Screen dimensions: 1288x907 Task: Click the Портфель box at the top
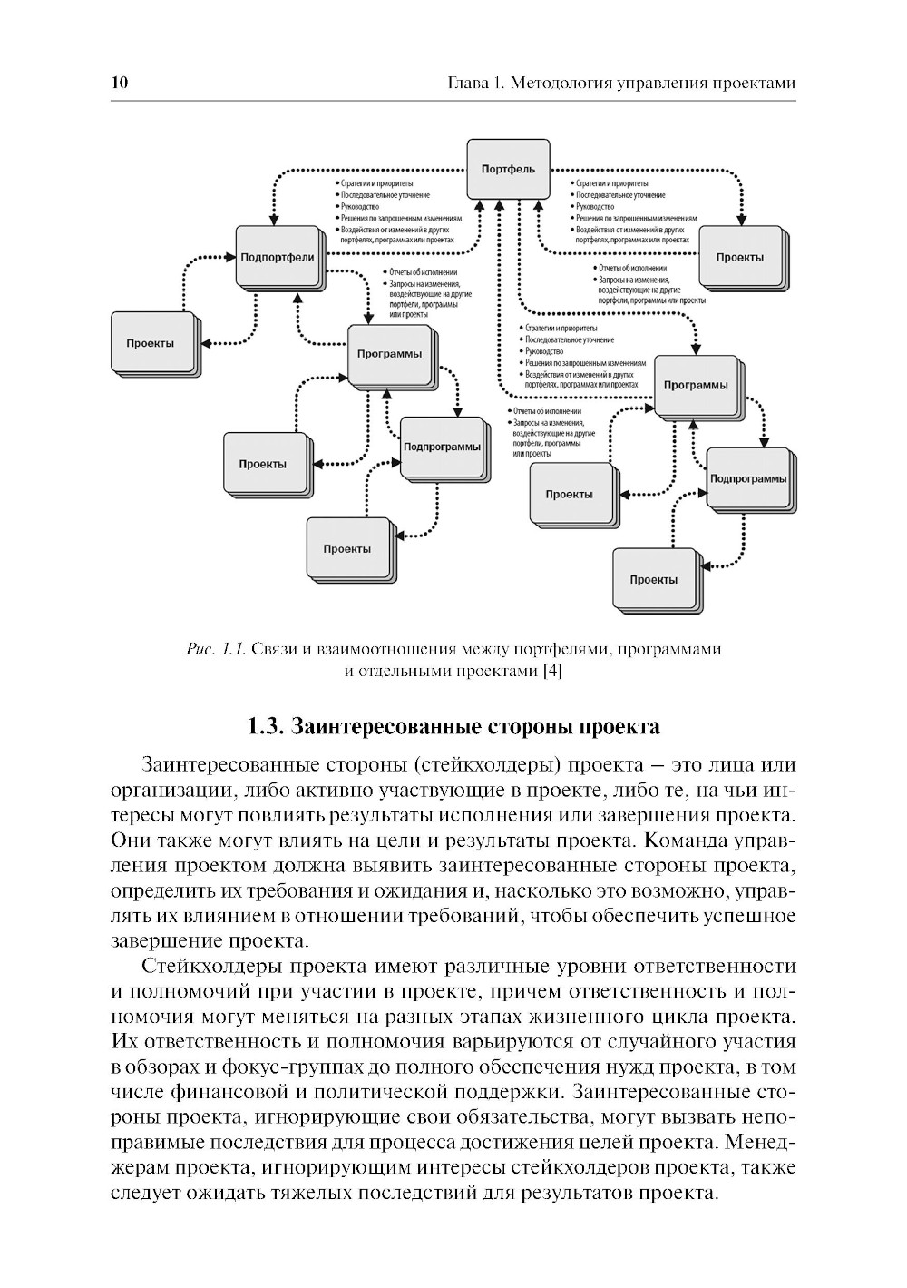coord(507,169)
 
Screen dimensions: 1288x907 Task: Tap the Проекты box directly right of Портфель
coord(739,257)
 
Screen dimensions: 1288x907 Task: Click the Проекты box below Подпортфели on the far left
coord(151,343)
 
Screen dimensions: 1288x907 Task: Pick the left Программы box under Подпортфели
coord(389,354)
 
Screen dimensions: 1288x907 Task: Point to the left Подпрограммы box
coord(442,447)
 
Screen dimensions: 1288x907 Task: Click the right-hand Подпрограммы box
coord(747,478)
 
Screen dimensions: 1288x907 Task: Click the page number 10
coord(120,83)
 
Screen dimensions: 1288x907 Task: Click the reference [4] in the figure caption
coord(551,671)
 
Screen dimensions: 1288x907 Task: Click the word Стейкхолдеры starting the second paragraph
coord(207,966)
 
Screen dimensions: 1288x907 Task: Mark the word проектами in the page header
coord(752,83)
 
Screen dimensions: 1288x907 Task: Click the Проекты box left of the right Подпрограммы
coord(569,494)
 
